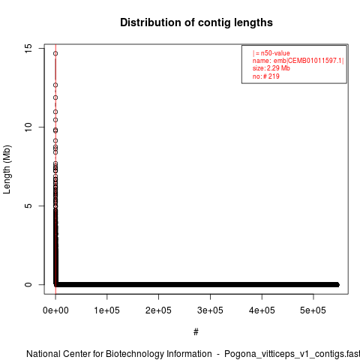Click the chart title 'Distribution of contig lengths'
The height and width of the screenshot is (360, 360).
pyautogui.click(x=196, y=22)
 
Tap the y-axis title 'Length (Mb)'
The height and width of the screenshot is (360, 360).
pyautogui.click(x=7, y=169)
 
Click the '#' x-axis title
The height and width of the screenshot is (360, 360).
pyautogui.click(x=196, y=332)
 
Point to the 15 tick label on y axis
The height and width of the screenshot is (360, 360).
pyautogui.click(x=28, y=48)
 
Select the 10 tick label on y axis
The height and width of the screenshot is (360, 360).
pyautogui.click(x=28, y=127)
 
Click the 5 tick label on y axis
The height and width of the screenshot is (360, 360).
pyautogui.click(x=28, y=205)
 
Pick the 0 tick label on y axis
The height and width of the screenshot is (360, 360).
pyautogui.click(x=28, y=284)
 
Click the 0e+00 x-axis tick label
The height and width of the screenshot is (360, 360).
pyautogui.click(x=55, y=310)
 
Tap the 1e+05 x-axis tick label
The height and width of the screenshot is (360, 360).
pyautogui.click(x=107, y=310)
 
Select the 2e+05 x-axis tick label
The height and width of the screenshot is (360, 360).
pyautogui.click(x=158, y=310)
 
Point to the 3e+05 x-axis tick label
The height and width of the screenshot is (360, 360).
pyautogui.click(x=210, y=310)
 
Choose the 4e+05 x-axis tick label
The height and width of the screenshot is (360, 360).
pyautogui.click(x=262, y=310)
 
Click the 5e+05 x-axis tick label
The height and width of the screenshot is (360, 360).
pyautogui.click(x=313, y=310)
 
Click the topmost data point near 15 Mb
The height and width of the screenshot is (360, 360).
pyautogui.click(x=55, y=53)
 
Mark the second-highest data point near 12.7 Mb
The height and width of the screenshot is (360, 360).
pyautogui.click(x=55, y=85)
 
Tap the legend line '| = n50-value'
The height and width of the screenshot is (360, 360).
pyautogui.click(x=271, y=53)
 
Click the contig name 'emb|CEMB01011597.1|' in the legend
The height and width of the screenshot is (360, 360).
pyautogui.click(x=309, y=61)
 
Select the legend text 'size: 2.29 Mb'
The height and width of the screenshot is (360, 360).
pyautogui.click(x=271, y=68)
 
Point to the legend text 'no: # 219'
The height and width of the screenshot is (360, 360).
pyautogui.click(x=266, y=76)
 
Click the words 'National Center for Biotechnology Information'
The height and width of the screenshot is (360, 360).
pyautogui.click(x=119, y=354)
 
